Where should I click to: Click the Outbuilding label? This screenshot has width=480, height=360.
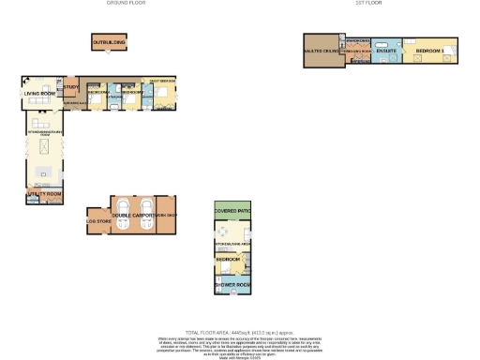109,42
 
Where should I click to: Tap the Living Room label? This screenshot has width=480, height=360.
40,93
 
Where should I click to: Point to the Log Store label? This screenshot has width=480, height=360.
98,221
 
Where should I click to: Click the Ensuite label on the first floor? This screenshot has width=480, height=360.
386,50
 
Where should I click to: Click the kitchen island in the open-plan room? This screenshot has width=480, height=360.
43,173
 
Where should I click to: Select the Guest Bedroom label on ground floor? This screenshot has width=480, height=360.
160,83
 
